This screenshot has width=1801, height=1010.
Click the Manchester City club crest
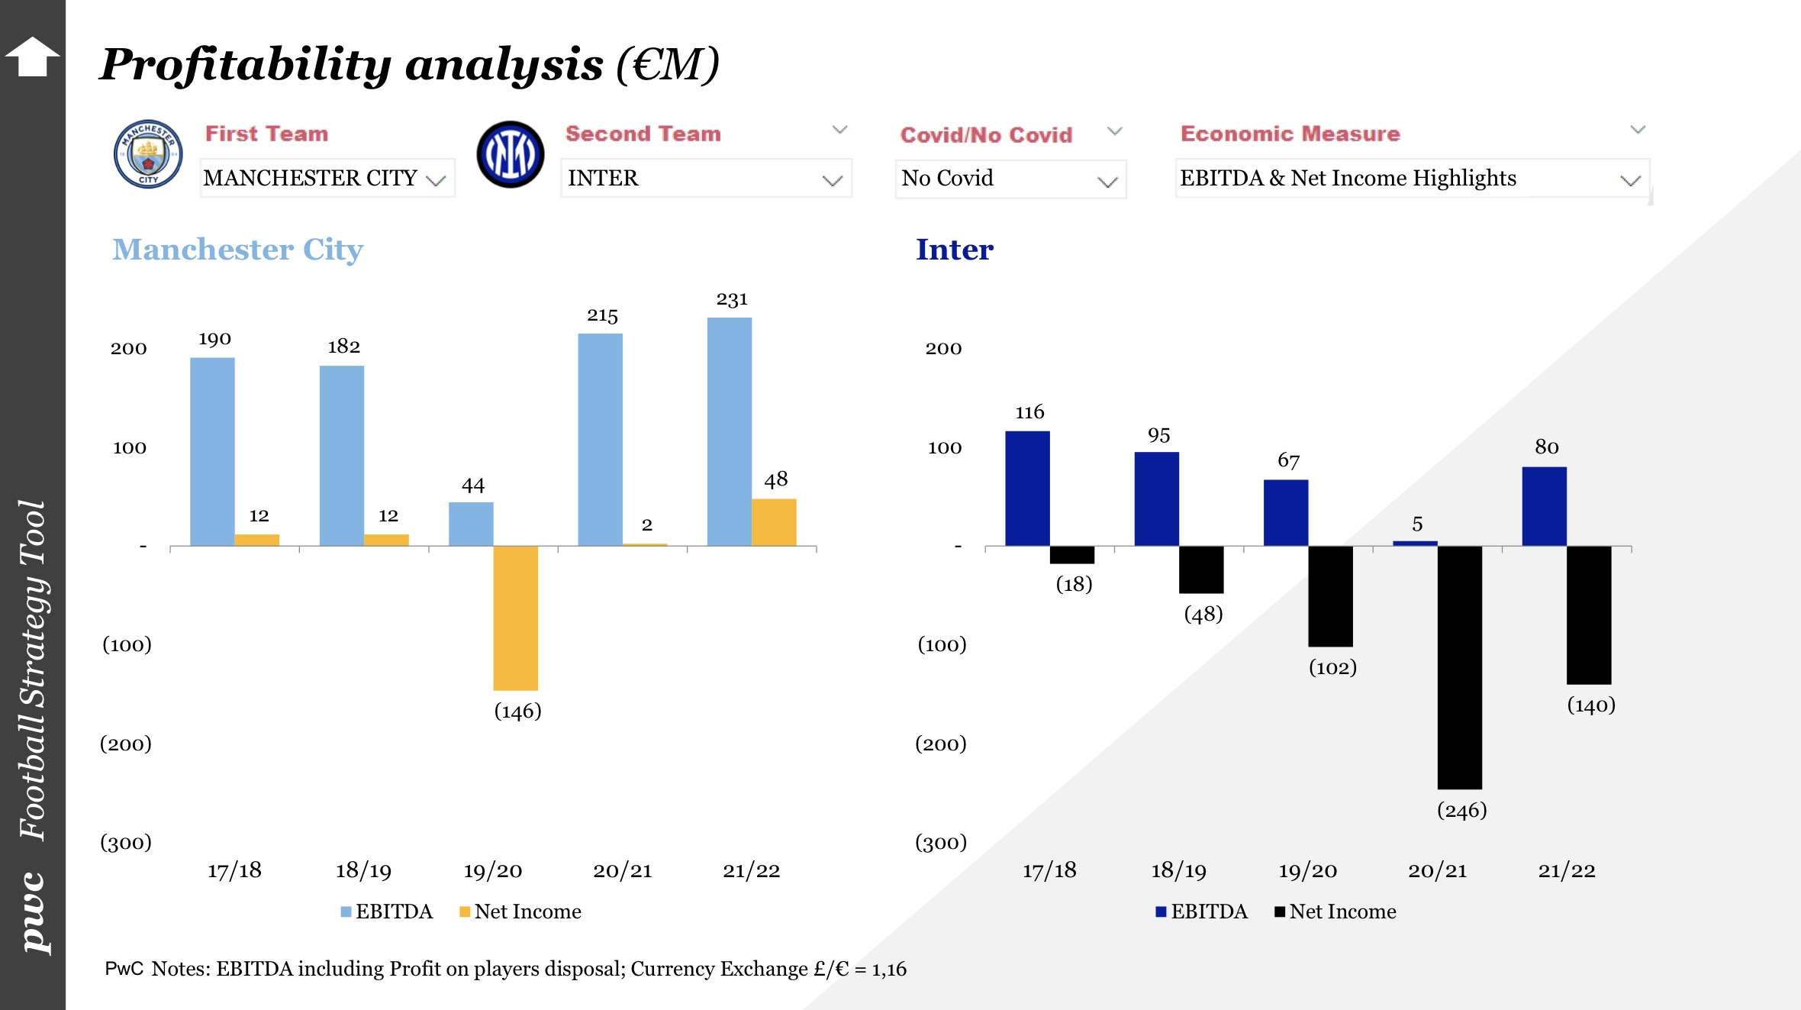coord(148,154)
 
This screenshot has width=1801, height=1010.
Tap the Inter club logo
coord(510,154)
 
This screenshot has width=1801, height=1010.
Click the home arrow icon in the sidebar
coord(32,56)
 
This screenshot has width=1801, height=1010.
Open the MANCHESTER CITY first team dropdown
coord(327,178)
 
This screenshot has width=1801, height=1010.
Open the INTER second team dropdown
coord(705,178)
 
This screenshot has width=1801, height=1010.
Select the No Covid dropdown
coord(1010,179)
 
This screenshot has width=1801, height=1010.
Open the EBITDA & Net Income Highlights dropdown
coord(1412,179)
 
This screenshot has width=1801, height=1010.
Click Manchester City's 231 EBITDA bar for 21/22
coord(730,431)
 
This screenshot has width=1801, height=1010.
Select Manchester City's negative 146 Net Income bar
coord(516,618)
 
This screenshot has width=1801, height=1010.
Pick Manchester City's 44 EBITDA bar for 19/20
coord(471,524)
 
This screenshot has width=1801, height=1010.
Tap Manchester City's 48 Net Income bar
coord(774,522)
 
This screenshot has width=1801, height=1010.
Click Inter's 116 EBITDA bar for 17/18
coord(1027,489)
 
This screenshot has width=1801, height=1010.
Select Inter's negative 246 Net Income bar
coord(1459,667)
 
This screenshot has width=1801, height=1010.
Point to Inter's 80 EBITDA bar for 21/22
coord(1544,506)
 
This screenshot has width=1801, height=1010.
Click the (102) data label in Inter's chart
coord(1332,668)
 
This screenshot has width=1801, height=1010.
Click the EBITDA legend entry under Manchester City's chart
coord(387,912)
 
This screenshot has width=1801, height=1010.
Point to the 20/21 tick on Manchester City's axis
coord(623,871)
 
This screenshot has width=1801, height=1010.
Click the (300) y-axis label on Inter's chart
coord(941,843)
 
